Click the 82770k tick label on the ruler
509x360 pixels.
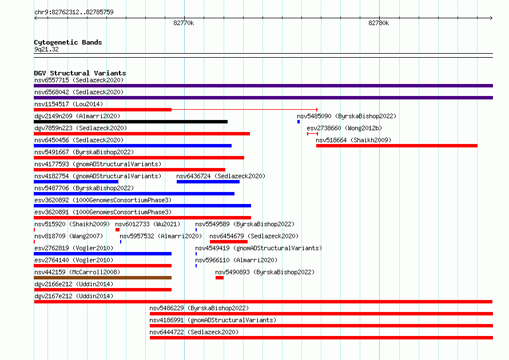(184, 23)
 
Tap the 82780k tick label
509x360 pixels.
(379, 23)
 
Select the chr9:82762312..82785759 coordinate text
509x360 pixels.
(74, 12)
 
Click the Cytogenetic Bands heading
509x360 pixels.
(68, 42)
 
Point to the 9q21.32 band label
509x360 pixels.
(46, 49)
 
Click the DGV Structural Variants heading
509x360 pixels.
(80, 73)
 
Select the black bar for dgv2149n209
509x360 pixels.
(130, 122)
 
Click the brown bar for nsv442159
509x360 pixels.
(102, 278)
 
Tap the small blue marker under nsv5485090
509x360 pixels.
(299, 122)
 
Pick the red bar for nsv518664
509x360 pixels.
(397, 146)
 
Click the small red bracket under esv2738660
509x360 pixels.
(312, 134)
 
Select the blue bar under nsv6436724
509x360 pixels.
(208, 182)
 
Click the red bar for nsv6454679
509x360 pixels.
(229, 242)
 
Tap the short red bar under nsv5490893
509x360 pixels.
(220, 278)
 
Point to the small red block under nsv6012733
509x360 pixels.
(117, 230)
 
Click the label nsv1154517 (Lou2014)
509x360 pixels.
(69, 104)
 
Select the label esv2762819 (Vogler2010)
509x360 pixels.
(74, 248)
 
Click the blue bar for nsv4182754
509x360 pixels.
(76, 182)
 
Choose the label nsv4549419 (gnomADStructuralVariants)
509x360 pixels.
(259, 248)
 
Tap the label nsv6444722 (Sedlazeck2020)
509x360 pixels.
(194, 332)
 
